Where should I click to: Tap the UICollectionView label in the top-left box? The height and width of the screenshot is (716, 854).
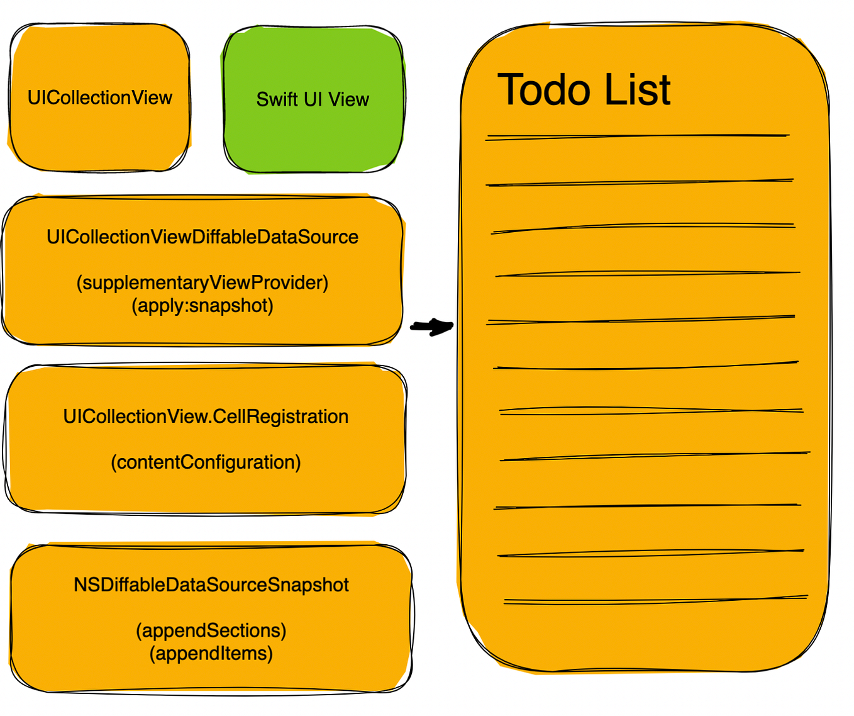[x=99, y=98]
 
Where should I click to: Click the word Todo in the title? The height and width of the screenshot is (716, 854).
[x=545, y=90]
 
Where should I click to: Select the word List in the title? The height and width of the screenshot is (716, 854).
[x=637, y=90]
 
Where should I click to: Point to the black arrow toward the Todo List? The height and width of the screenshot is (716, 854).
[x=432, y=327]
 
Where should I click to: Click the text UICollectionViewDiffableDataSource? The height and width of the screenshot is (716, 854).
[x=202, y=237]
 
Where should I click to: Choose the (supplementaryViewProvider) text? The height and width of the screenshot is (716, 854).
[x=202, y=283]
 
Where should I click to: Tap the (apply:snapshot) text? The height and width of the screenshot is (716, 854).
[x=202, y=306]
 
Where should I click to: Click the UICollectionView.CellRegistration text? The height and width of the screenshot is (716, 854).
[x=206, y=417]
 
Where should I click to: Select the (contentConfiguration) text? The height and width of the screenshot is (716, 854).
[x=206, y=462]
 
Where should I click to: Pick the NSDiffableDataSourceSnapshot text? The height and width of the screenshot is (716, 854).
[x=211, y=585]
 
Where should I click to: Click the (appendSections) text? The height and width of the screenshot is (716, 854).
[x=211, y=630]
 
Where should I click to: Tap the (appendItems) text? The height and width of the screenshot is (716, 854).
[x=211, y=654]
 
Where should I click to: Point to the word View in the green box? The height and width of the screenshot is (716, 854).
[x=349, y=99]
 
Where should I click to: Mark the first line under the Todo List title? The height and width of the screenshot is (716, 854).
[x=637, y=136]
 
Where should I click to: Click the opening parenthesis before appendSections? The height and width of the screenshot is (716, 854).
[x=139, y=631]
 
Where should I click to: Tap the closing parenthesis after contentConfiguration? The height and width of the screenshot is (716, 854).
[x=298, y=463]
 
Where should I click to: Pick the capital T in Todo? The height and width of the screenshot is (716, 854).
[x=513, y=90]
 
